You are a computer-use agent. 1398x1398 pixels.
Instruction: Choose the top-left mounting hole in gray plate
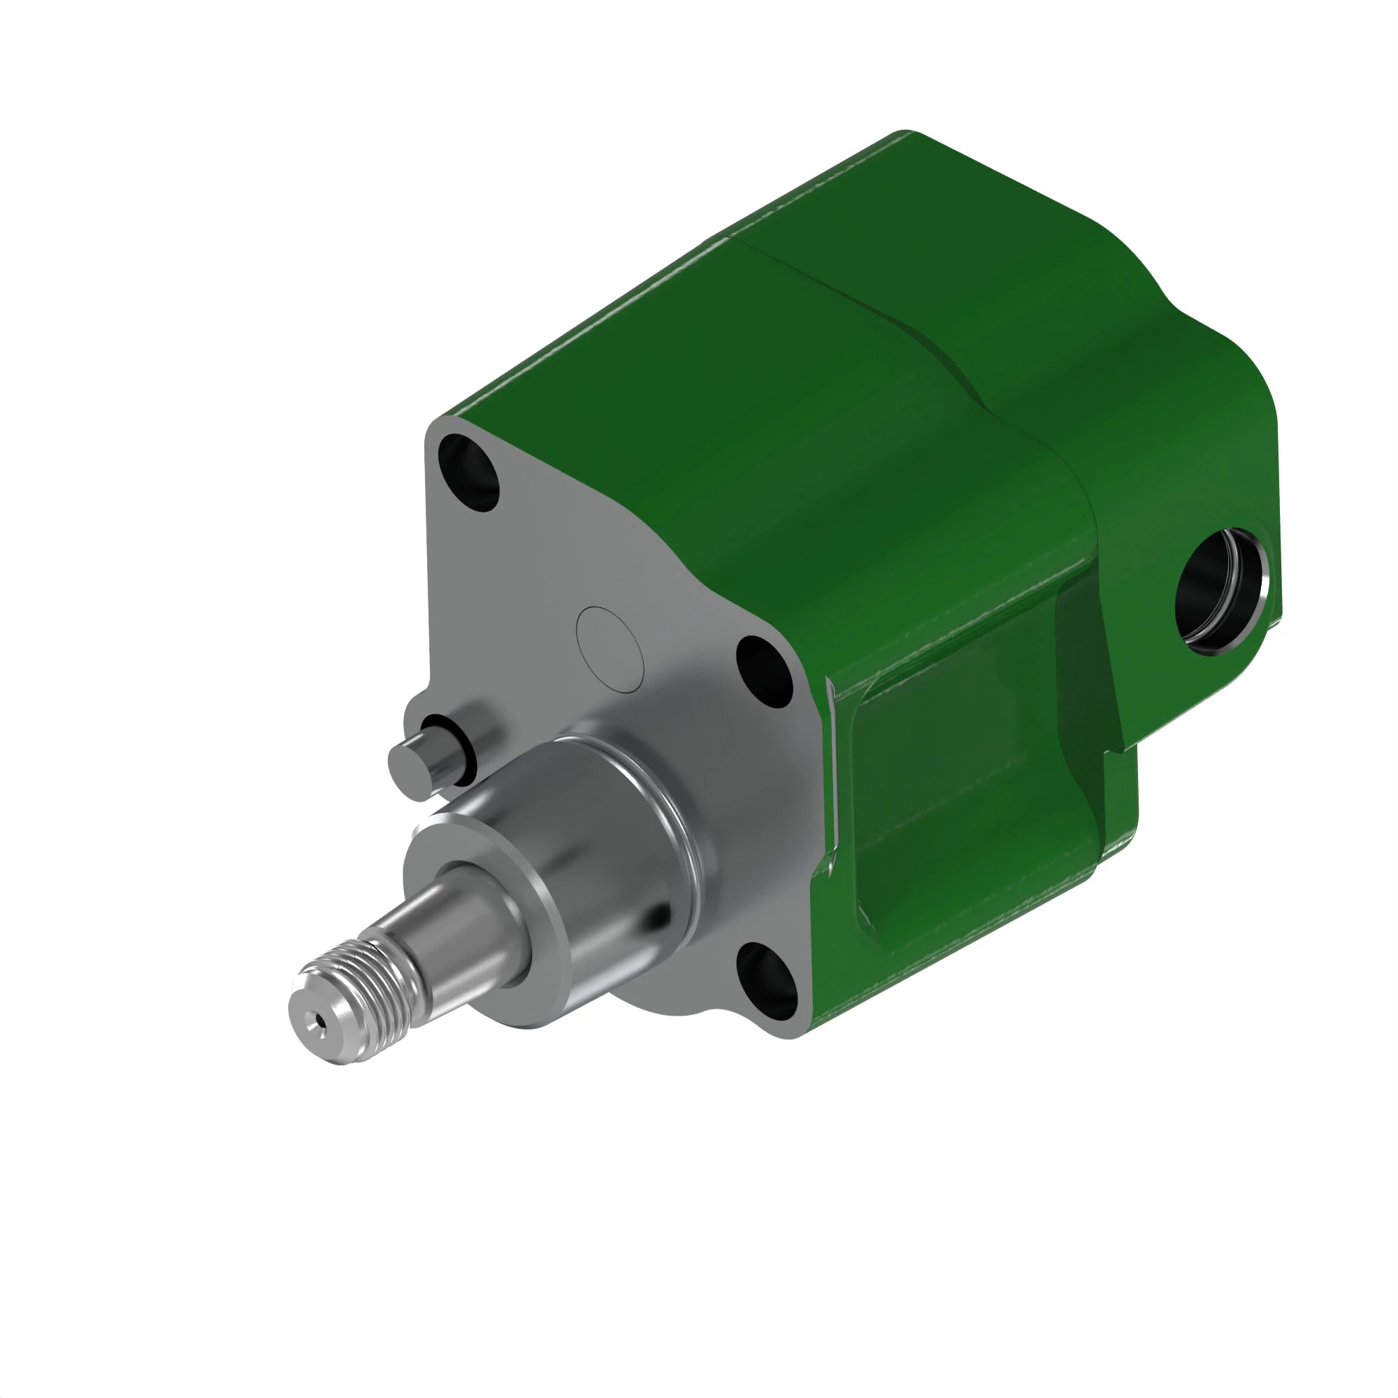[469, 472]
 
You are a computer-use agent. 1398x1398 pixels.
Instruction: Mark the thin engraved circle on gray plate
[610, 649]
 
